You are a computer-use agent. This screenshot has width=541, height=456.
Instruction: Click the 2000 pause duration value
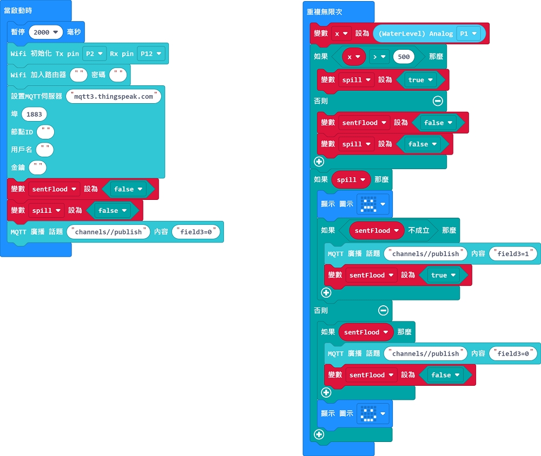click(45, 32)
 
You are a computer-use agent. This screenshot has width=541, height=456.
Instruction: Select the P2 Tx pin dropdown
click(94, 54)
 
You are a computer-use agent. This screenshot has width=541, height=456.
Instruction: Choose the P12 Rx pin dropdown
click(151, 54)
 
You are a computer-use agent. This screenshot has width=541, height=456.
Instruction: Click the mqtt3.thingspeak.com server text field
click(114, 97)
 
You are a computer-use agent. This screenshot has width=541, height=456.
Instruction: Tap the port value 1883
click(34, 115)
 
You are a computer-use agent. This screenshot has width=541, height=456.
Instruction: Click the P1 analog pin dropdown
click(468, 34)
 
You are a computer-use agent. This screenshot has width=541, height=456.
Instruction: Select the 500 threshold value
click(404, 57)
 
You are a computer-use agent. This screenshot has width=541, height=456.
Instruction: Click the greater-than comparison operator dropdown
click(379, 57)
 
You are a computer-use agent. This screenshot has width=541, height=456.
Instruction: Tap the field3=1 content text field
click(513, 254)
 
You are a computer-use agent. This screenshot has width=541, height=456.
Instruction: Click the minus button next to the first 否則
click(438, 100)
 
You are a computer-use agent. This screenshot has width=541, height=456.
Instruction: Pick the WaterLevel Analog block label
click(415, 34)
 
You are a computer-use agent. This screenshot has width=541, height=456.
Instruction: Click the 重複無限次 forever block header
click(324, 12)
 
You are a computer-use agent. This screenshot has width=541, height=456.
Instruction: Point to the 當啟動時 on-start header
click(18, 10)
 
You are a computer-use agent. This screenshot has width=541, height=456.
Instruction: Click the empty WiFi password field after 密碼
click(118, 75)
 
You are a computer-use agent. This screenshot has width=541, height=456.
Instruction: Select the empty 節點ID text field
click(45, 132)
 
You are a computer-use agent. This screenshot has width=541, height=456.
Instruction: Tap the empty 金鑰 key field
click(38, 167)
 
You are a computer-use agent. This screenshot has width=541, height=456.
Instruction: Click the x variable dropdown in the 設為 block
click(341, 34)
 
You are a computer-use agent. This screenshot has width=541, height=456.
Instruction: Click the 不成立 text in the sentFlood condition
click(419, 230)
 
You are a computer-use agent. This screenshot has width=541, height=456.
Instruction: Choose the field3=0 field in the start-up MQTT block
click(196, 232)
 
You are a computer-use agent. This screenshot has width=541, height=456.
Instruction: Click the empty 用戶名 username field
click(45, 150)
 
